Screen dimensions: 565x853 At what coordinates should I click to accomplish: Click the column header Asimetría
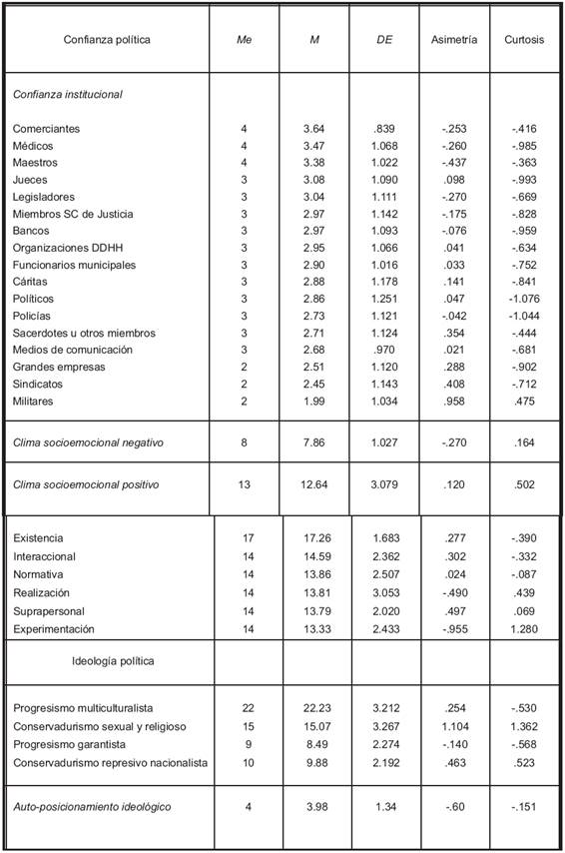(x=454, y=41)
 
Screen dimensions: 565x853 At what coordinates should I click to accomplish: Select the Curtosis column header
(x=522, y=41)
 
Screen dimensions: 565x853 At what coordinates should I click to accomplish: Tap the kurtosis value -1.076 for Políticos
(x=520, y=299)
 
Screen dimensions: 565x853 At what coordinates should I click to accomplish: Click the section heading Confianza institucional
(x=68, y=94)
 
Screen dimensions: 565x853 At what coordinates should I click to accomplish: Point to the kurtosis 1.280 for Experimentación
(x=522, y=629)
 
